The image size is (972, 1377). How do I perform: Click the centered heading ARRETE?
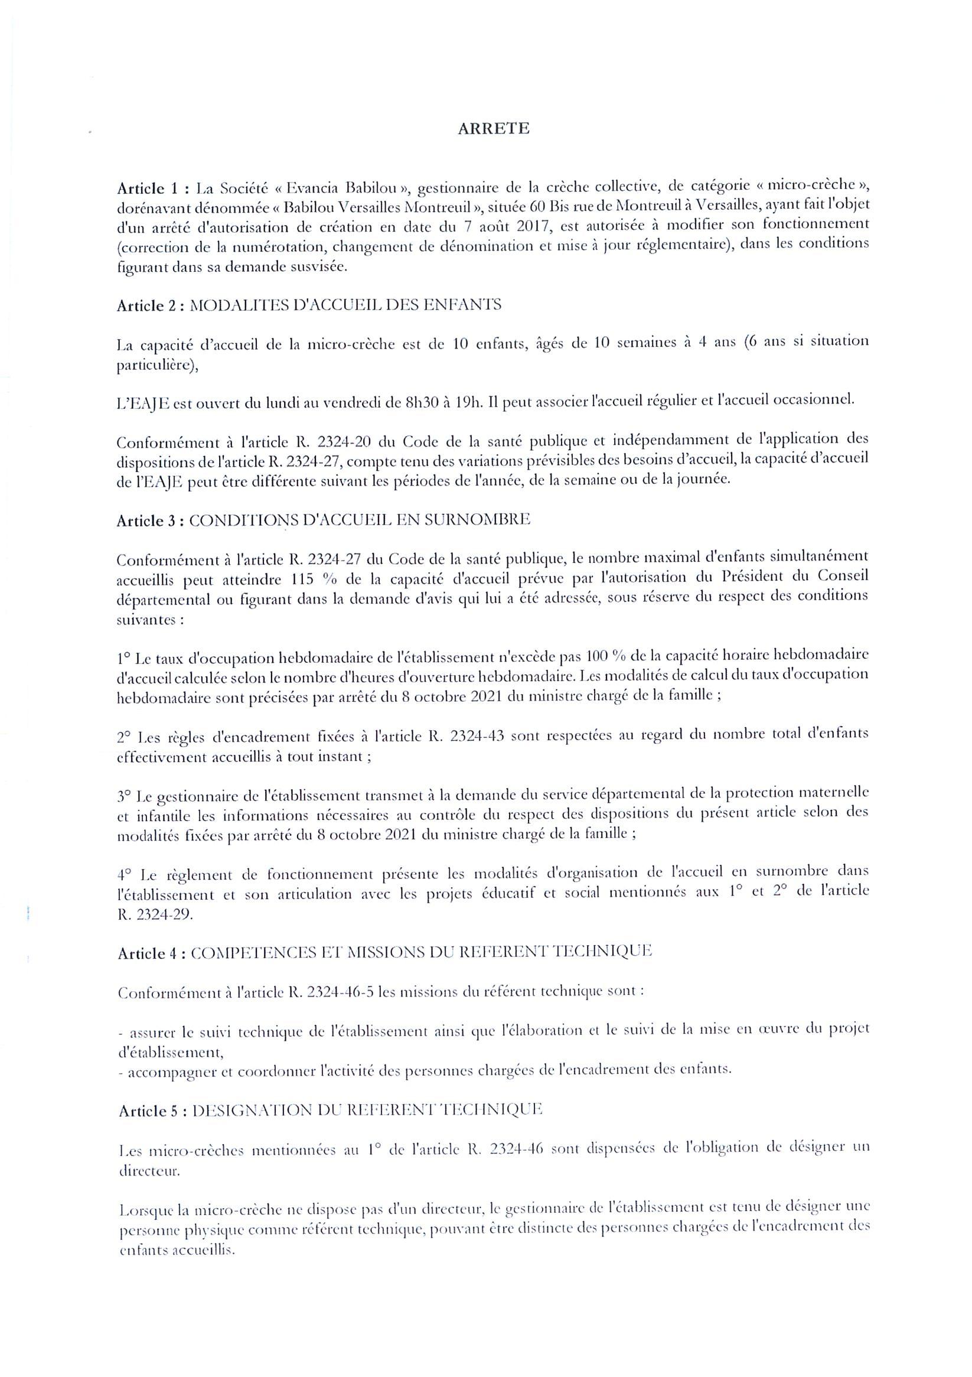[493, 129]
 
